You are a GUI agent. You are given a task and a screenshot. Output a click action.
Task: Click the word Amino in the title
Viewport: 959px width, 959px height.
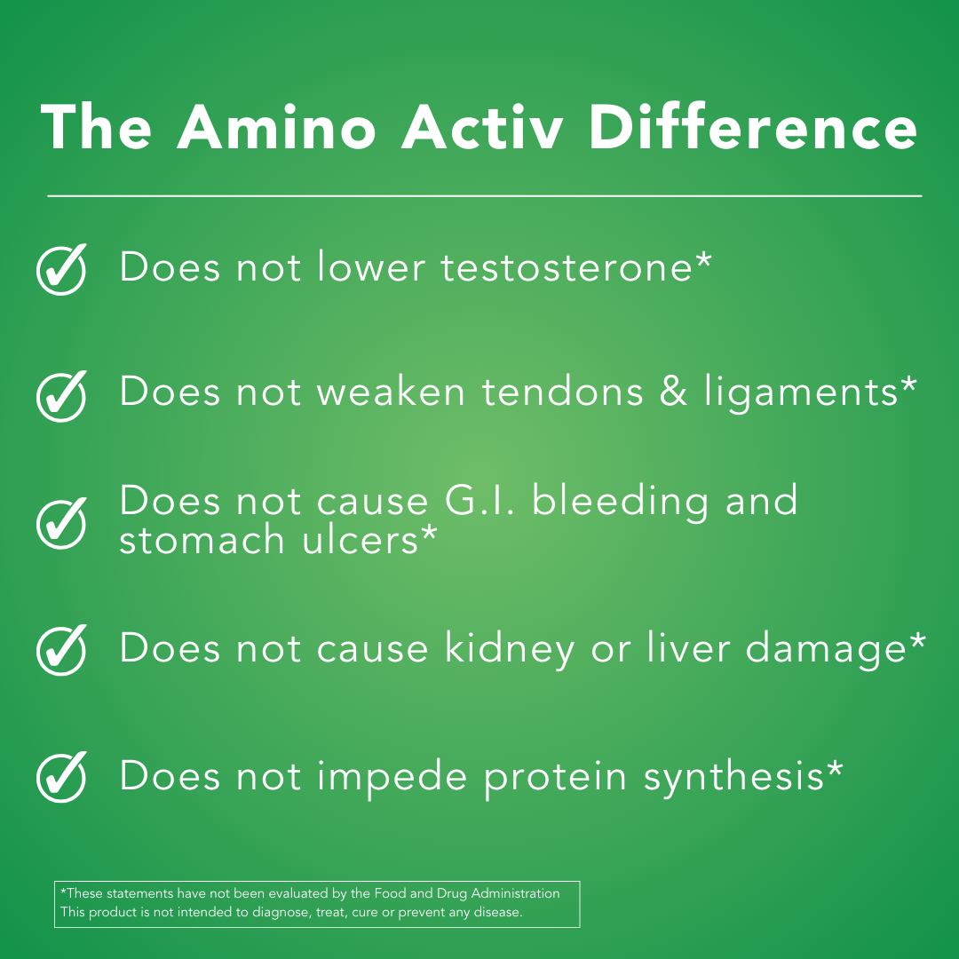[x=276, y=127]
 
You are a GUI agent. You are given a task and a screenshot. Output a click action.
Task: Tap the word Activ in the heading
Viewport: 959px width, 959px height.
[x=482, y=127]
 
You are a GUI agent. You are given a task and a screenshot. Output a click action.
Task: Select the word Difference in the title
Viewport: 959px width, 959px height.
[x=753, y=127]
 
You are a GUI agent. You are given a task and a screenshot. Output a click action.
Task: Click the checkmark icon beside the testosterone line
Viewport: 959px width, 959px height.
[x=62, y=269]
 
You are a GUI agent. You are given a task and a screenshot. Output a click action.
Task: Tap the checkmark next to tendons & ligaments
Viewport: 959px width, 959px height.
[x=62, y=396]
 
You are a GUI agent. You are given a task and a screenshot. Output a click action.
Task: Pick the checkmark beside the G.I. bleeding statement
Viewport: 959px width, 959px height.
[x=62, y=523]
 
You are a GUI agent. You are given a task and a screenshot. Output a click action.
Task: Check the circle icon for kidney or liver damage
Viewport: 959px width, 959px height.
[x=62, y=649]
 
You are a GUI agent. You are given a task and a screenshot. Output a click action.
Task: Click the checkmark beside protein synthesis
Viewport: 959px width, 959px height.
[x=62, y=777]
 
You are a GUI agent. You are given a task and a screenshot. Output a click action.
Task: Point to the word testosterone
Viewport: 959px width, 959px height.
[x=567, y=268]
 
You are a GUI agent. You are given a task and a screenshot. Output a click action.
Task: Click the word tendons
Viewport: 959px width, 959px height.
[x=563, y=392]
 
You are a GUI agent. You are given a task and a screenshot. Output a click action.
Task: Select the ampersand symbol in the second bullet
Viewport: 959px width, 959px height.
[x=673, y=392]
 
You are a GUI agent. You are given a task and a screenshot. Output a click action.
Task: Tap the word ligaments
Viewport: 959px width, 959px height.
[x=801, y=394]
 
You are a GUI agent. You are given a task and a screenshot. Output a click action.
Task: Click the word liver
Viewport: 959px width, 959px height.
[x=689, y=647]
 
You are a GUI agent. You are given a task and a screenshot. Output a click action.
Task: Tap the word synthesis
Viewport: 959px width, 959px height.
[x=734, y=778]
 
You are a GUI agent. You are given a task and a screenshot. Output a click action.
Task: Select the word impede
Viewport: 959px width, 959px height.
[x=392, y=778]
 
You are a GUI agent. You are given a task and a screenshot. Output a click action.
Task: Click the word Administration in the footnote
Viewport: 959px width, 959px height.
[x=515, y=893]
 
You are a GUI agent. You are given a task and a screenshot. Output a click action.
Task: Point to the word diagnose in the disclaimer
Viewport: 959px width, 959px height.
[x=281, y=913]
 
